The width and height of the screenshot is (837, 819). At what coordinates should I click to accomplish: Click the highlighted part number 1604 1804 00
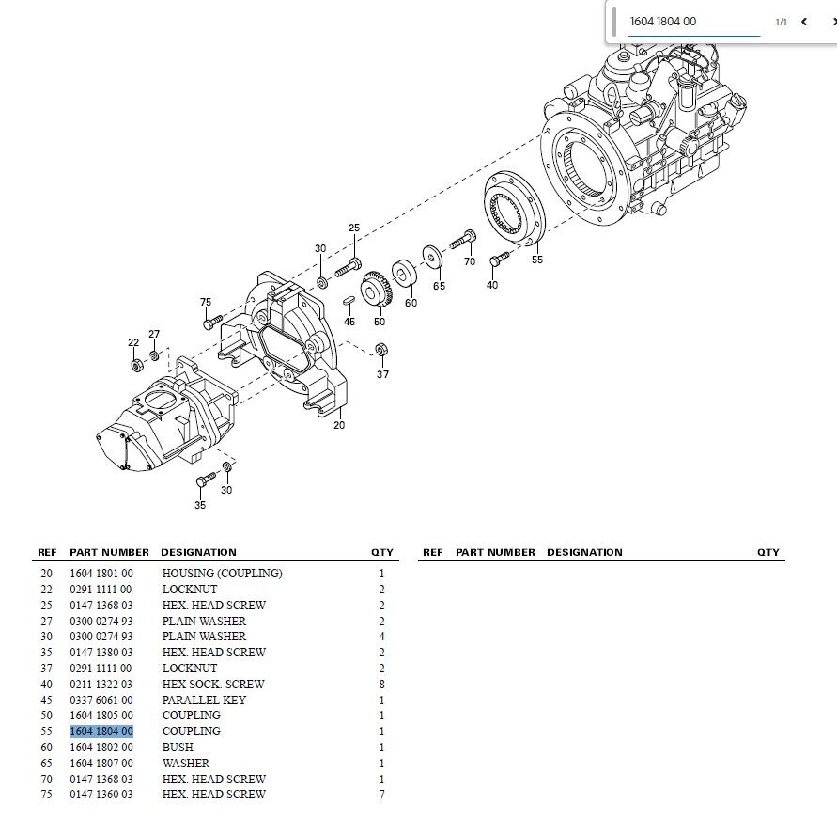(x=101, y=732)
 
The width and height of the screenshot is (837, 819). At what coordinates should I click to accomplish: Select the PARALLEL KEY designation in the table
(x=204, y=700)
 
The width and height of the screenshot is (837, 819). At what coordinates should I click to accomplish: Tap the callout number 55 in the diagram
(x=537, y=260)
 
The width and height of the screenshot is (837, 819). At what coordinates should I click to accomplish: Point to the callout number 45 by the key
(x=349, y=322)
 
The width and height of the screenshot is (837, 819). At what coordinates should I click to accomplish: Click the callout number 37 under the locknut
(x=382, y=374)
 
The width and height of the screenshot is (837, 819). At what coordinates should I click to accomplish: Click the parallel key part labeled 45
(x=349, y=300)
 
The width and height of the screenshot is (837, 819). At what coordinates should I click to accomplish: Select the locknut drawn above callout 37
(x=381, y=350)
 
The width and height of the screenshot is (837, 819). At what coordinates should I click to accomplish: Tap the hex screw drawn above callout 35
(x=206, y=479)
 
